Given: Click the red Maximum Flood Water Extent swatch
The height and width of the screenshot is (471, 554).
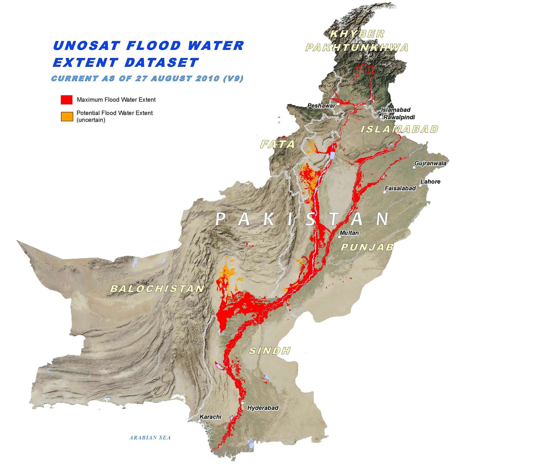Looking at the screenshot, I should pos(66,100).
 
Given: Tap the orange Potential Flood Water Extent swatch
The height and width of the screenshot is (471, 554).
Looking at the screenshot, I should pos(67,116).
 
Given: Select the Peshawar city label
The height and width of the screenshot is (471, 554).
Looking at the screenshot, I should pos(321,106).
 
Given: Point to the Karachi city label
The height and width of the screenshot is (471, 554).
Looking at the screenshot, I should pos(210,417).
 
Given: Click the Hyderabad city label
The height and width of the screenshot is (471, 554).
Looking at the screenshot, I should pos(263,408).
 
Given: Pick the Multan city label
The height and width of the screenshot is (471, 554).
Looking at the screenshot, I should pos(349,233).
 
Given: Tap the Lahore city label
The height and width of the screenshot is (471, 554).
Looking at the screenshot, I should pos(430,182).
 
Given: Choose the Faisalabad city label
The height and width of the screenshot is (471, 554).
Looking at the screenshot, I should pos(400,189).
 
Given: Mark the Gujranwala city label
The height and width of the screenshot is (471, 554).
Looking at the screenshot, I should pos(430,163).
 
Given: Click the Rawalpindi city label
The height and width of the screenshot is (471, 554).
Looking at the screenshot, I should pos(399,117).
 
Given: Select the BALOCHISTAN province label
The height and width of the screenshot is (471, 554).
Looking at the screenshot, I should pos(157,289).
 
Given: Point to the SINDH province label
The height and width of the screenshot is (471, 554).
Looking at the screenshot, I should pos(269,351).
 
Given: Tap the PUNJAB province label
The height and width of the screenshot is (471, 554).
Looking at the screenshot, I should pos(367,247).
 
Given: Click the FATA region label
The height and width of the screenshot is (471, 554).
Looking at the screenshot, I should pos(278,144).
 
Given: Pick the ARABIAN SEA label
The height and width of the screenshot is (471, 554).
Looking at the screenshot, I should pos(150,438).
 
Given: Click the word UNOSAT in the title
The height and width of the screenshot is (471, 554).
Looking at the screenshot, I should pos(86,46).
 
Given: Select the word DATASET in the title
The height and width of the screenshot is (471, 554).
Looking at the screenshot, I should pos(162,63).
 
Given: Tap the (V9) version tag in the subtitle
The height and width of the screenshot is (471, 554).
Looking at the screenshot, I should pos(233,78).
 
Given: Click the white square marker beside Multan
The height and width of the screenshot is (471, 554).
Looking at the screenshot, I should pos(340,237).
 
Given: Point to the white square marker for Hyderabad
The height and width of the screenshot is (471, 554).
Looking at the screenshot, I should pos(243,403).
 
